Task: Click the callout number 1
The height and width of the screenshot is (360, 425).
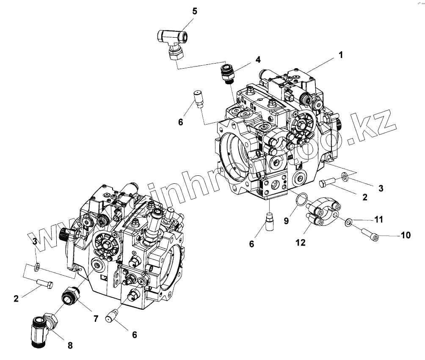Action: coord(341,55)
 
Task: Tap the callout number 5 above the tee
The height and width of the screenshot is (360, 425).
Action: coord(194,11)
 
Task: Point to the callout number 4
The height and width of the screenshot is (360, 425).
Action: coord(257,60)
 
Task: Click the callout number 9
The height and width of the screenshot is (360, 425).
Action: coord(286,220)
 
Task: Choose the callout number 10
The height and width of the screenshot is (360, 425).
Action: coord(406,235)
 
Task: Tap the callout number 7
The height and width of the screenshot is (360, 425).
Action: coord(96,318)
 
